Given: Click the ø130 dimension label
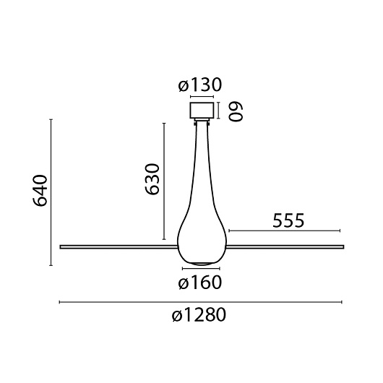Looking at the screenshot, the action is pos(199,85).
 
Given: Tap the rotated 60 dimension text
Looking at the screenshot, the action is pos(236,111).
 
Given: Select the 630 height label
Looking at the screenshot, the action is pos(152,179).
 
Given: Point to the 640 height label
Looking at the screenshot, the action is pos(40,191).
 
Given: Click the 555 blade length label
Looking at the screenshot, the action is pos(288,220).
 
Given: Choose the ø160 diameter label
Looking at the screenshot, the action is pos(199,283).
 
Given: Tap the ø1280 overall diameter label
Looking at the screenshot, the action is pos(199,314).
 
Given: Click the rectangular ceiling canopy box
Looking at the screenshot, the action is pos(202,111).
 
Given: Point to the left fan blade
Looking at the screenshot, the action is pos(119,247).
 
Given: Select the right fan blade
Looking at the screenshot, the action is pos(285,246).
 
